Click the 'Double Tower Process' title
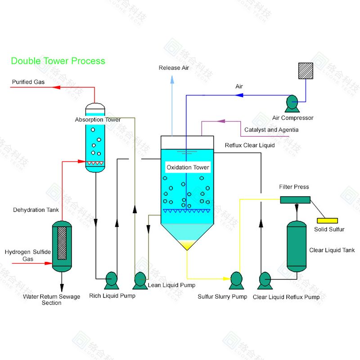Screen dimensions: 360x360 click(x=58, y=61)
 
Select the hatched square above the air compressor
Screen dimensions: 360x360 click(x=306, y=71)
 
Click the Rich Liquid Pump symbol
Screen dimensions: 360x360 click(x=111, y=281)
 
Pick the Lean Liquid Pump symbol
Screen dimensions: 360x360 click(x=139, y=281)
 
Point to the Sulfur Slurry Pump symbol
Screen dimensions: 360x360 click(x=236, y=281)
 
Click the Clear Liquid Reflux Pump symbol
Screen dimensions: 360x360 click(x=265, y=281)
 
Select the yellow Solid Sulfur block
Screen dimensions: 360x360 click(x=327, y=220)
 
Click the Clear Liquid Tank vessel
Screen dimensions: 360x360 click(x=296, y=246)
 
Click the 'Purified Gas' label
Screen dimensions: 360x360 click(x=28, y=82)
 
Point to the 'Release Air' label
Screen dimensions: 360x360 click(x=174, y=68)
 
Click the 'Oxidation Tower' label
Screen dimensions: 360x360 click(x=188, y=167)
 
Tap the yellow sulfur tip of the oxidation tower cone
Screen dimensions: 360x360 click(x=187, y=245)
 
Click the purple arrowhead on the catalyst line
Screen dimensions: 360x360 click(x=221, y=121)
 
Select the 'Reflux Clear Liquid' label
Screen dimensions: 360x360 click(x=250, y=145)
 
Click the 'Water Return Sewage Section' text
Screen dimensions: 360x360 click(x=52, y=300)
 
